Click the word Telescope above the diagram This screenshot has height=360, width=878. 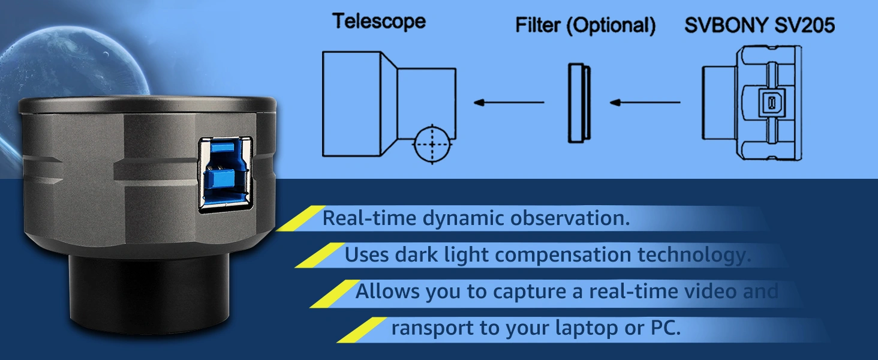379,22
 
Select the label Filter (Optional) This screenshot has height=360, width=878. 585,26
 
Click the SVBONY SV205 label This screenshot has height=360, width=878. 759,25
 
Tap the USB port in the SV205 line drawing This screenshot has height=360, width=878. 767,103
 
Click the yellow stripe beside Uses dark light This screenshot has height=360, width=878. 317,255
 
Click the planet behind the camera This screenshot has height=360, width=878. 72,60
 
